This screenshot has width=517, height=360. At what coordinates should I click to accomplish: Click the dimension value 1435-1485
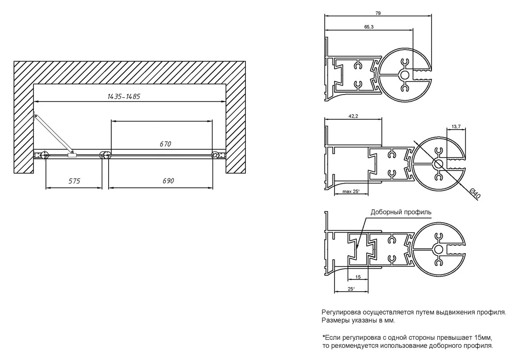click(x=124, y=96)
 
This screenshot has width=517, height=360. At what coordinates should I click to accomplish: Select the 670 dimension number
click(x=165, y=144)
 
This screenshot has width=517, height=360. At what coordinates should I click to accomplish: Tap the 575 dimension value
click(x=74, y=181)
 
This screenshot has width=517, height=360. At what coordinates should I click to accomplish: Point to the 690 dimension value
click(x=168, y=181)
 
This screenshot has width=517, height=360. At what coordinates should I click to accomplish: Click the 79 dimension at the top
click(x=378, y=13)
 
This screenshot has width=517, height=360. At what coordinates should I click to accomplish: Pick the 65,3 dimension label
click(x=369, y=27)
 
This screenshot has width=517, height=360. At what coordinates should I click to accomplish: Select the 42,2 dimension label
click(x=353, y=116)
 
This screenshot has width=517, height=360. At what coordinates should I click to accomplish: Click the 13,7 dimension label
click(x=456, y=126)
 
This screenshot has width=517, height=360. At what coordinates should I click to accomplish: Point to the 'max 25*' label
click(x=351, y=191)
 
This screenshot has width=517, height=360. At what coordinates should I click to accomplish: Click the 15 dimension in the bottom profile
click(x=358, y=277)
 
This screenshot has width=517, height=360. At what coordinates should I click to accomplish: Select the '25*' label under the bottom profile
click(x=351, y=289)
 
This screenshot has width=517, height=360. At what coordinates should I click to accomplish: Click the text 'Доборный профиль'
click(x=401, y=212)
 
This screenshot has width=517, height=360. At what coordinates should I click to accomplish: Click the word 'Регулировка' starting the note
click(x=341, y=313)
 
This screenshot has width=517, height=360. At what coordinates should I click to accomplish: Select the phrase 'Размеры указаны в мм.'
click(x=358, y=320)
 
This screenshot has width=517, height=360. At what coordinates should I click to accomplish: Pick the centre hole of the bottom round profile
click(x=439, y=249)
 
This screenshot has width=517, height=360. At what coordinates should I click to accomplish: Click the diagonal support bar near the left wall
click(x=52, y=133)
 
